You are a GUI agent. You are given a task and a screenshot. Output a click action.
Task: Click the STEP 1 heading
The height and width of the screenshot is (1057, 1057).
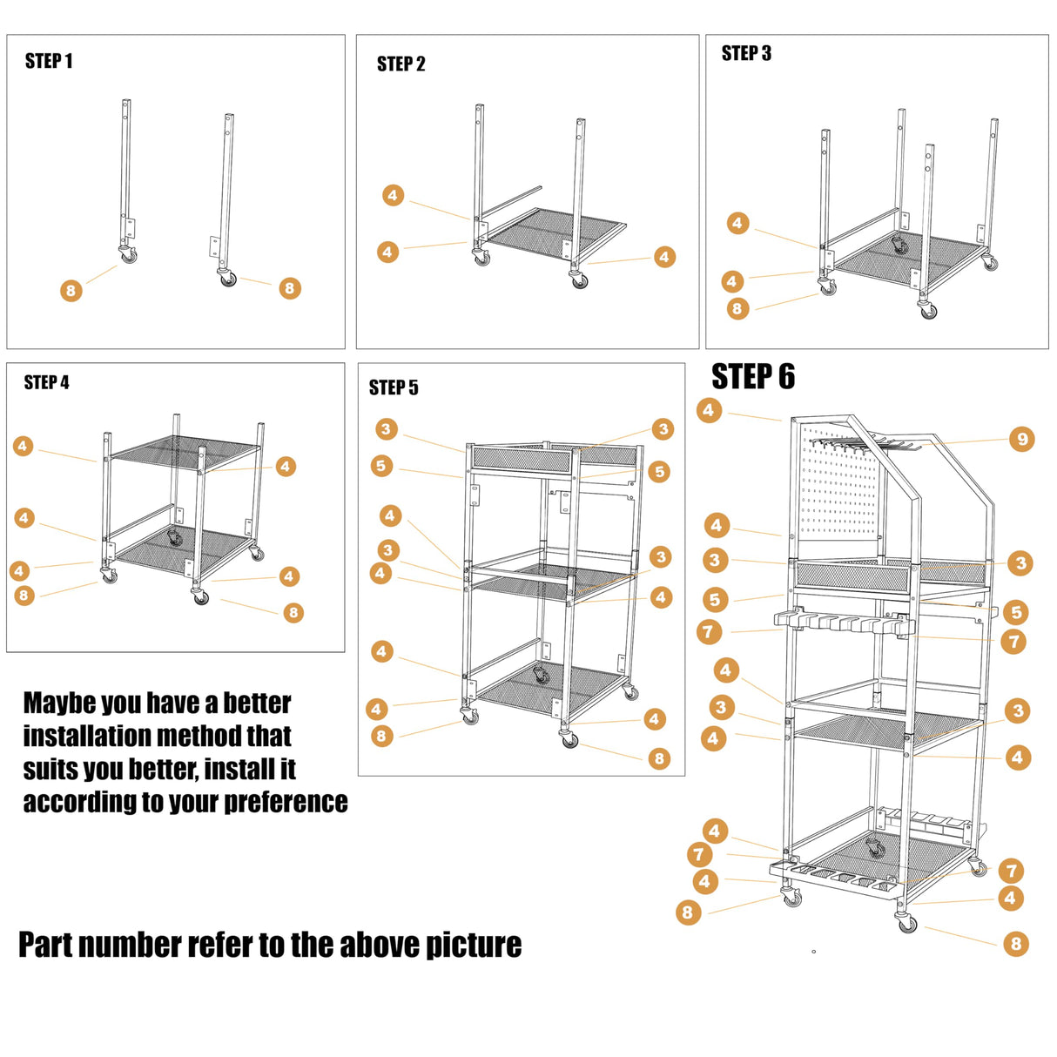(49, 61)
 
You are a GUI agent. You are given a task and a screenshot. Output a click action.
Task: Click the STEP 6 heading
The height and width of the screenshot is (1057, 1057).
(752, 377)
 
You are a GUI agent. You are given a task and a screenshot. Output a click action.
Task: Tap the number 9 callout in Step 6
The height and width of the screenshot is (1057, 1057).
(1022, 439)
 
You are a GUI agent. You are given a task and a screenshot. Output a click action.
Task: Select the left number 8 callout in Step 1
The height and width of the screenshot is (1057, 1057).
(71, 291)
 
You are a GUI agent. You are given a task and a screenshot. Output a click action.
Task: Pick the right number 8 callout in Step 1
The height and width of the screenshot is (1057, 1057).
(290, 288)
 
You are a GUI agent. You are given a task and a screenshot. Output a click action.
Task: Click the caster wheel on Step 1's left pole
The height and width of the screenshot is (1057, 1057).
(129, 255)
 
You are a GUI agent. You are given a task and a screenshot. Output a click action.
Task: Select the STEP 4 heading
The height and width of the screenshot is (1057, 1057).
(46, 382)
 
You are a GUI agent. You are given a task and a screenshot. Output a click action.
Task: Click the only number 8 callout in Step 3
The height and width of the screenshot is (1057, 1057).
(737, 308)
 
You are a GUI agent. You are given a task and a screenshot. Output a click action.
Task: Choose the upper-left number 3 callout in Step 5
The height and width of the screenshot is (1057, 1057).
(387, 428)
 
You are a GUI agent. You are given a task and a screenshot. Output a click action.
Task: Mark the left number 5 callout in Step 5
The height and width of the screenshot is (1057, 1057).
(381, 466)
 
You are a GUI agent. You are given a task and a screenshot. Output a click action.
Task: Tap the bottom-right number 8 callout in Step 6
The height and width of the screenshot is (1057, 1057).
(1015, 943)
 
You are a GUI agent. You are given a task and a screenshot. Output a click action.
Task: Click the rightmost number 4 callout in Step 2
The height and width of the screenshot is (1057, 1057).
(664, 257)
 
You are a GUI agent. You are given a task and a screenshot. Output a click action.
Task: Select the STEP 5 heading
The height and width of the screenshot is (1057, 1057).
(394, 387)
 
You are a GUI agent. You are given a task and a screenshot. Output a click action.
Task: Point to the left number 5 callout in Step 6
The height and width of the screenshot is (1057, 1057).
(715, 599)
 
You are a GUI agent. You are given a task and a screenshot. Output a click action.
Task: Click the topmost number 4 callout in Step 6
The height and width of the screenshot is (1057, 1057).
(709, 410)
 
